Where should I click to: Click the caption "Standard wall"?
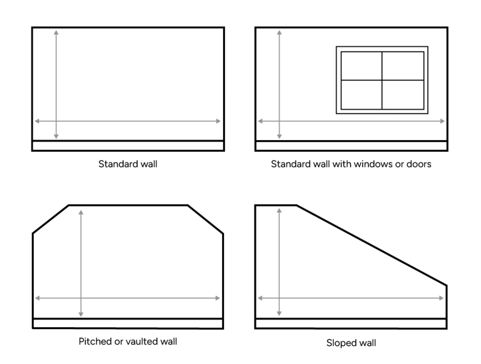pos(128,164)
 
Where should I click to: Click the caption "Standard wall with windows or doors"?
pos(351,164)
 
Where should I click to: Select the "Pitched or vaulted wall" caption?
pos(128,342)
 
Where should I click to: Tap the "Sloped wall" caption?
pos(351,343)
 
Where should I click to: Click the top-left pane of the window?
pos(361,66)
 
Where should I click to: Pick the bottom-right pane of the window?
pos(403,95)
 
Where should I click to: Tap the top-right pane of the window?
pos(403,66)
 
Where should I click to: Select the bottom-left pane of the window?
pos(361,95)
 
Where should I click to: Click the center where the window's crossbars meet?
pos(382,80)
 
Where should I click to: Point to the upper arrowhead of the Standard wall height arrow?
pos(56,33)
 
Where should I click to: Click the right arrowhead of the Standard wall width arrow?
pos(218,121)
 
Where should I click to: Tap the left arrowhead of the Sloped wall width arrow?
pos(260,298)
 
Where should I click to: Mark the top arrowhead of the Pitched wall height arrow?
pos(81,213)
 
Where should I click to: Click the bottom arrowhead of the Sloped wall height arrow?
pos(279,313)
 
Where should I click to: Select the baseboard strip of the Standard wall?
pos(128,146)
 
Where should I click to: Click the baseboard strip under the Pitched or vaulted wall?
pos(128,324)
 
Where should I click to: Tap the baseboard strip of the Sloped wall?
pos(351,324)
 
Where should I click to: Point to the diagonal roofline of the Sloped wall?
pos(372,245)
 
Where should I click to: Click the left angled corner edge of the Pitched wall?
pos(51,219)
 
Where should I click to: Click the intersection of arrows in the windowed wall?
pos(279,121)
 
